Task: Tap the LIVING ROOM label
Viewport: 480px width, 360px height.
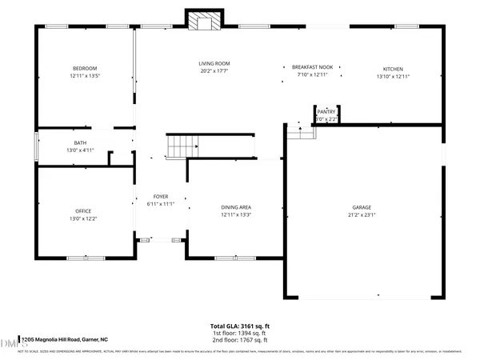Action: (x=214, y=63)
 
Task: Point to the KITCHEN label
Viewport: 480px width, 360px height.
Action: (x=393, y=68)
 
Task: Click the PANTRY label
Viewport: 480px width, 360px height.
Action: (x=326, y=112)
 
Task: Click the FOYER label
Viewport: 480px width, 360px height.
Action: (x=161, y=196)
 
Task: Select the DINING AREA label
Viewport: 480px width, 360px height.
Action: (x=237, y=207)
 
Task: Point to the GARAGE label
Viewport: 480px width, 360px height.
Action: (x=362, y=206)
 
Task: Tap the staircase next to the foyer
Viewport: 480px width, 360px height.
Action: (x=182, y=146)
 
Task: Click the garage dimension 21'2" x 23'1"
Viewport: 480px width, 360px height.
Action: (x=362, y=214)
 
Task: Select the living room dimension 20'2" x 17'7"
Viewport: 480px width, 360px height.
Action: (x=214, y=71)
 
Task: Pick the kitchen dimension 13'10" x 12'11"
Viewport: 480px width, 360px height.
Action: (x=393, y=76)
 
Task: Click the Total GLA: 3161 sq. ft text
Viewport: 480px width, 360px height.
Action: (x=239, y=326)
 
